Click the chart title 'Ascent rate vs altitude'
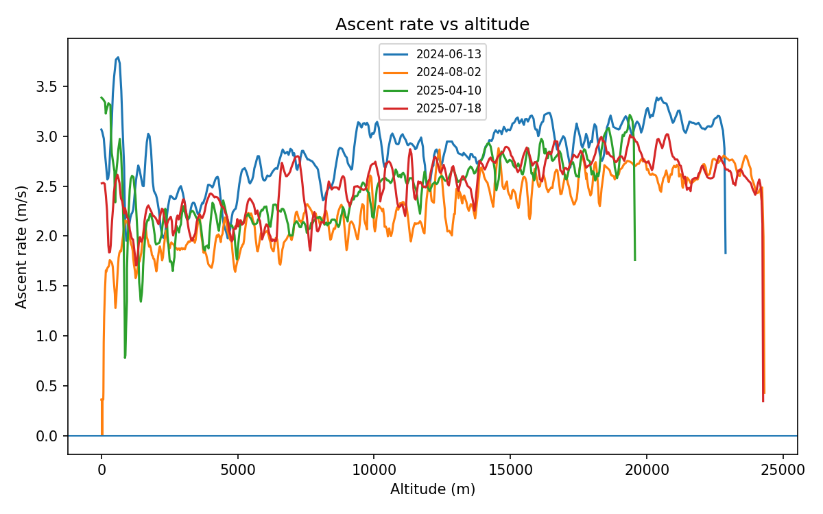432,25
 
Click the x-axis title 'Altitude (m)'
432,489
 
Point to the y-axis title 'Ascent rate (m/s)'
22,246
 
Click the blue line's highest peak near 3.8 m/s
118,58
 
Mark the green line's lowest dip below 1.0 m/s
125,357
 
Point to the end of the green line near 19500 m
635,260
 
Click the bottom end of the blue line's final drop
726,253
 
